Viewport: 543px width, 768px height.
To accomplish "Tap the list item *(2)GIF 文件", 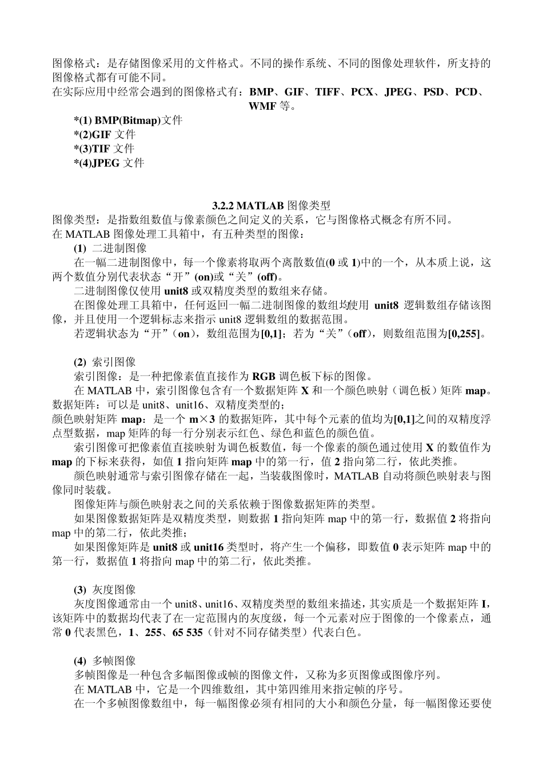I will click(x=105, y=135).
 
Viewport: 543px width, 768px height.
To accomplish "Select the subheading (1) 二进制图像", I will click(x=110, y=248).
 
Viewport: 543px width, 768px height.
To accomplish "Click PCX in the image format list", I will click(x=362, y=92).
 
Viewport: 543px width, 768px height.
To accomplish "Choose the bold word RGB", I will click(x=263, y=376).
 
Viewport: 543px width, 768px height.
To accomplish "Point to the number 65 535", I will click(x=185, y=633).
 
